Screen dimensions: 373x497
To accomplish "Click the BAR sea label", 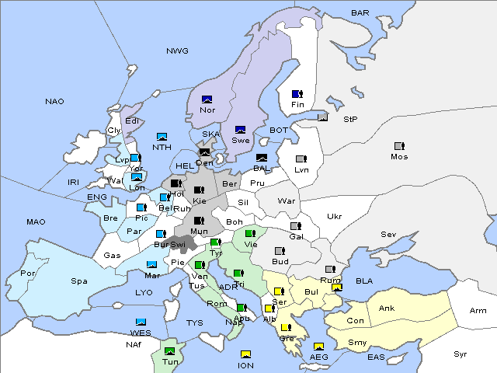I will coord(360,13).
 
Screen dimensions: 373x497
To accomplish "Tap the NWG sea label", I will coord(177,51).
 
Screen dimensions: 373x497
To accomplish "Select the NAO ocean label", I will coord(54,102).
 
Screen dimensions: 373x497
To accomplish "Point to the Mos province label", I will coord(399,157).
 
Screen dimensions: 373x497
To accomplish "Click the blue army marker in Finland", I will coord(297,94).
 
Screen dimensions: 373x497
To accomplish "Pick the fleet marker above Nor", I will coord(207,99).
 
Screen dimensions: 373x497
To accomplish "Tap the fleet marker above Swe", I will coord(241,129).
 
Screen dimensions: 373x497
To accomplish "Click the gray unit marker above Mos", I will coord(399,145).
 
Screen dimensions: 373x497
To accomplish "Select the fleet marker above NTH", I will coord(162,136).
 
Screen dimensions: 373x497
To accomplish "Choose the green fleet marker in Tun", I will coord(169,350).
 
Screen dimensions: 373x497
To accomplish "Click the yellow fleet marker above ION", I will coord(245,354).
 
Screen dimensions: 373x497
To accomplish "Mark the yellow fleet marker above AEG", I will coord(318,347).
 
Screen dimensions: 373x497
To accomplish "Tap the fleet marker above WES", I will coord(141,322).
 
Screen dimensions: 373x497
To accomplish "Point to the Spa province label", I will coord(78,281).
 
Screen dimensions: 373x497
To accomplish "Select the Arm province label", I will coord(478,311).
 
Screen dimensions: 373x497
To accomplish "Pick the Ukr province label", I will coord(334,217).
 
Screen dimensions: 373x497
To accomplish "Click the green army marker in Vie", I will coord(249,233).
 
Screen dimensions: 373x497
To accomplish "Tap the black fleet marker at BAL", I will coord(262,158).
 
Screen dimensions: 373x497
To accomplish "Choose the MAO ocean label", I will coord(36,222).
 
